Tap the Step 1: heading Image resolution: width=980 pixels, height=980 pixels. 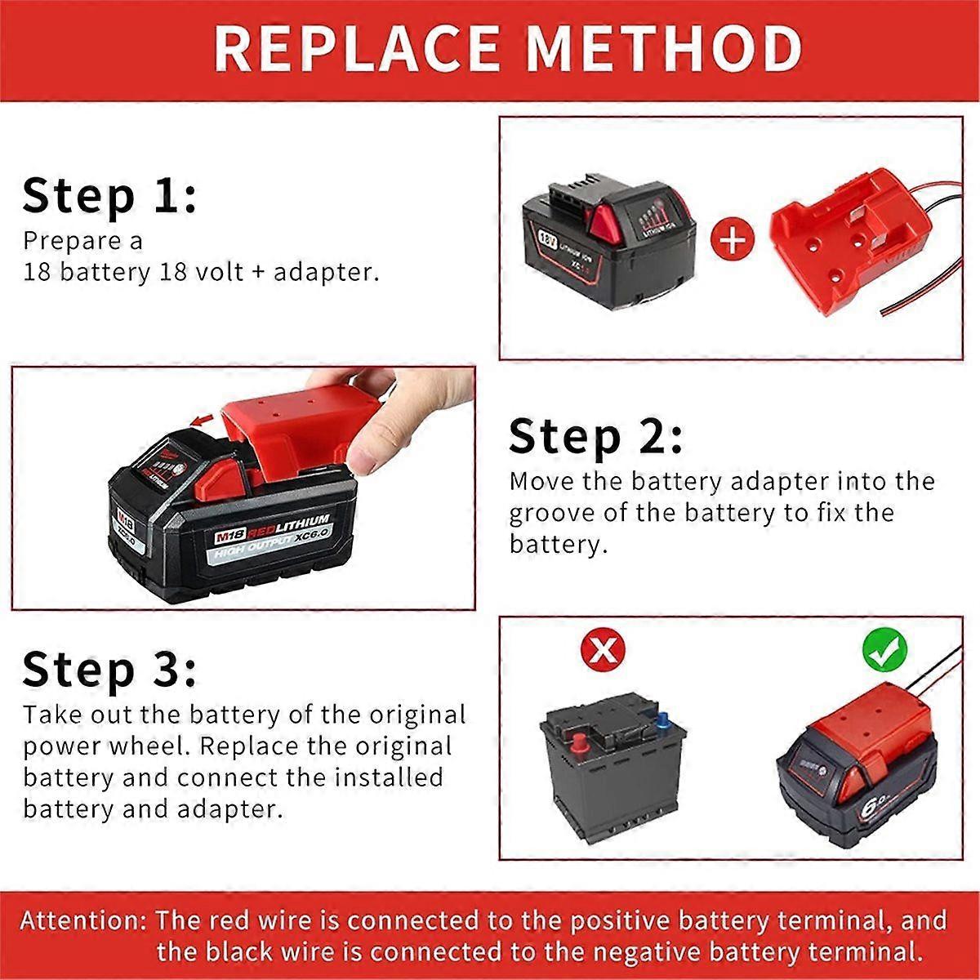coord(109,197)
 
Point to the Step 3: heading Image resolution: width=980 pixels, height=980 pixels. coord(109,670)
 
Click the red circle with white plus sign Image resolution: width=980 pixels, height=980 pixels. coord(733,240)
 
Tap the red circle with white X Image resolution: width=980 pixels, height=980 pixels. coord(603,650)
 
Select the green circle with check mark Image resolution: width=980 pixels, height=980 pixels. coord(884,650)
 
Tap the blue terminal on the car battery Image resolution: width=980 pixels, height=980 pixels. coord(661,720)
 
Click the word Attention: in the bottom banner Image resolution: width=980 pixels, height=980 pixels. coord(82,921)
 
